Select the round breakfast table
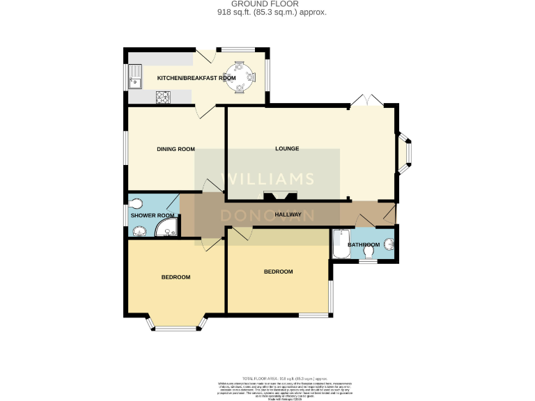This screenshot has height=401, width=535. (x=240, y=77)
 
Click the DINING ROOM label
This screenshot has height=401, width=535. (x=175, y=149)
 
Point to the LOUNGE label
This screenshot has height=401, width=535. (x=287, y=148)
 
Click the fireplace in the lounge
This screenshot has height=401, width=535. (x=279, y=197)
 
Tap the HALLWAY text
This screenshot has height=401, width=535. (x=288, y=214)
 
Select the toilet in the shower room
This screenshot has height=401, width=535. (x=137, y=203)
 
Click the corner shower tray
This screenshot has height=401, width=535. (x=166, y=230)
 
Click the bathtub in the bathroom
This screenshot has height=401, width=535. (x=341, y=244)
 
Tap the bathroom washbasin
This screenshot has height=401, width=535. (x=390, y=244)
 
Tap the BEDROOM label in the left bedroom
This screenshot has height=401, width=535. (x=176, y=277)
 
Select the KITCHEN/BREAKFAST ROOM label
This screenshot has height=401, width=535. (x=196, y=78)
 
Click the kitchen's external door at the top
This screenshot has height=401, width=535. (x=206, y=56)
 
